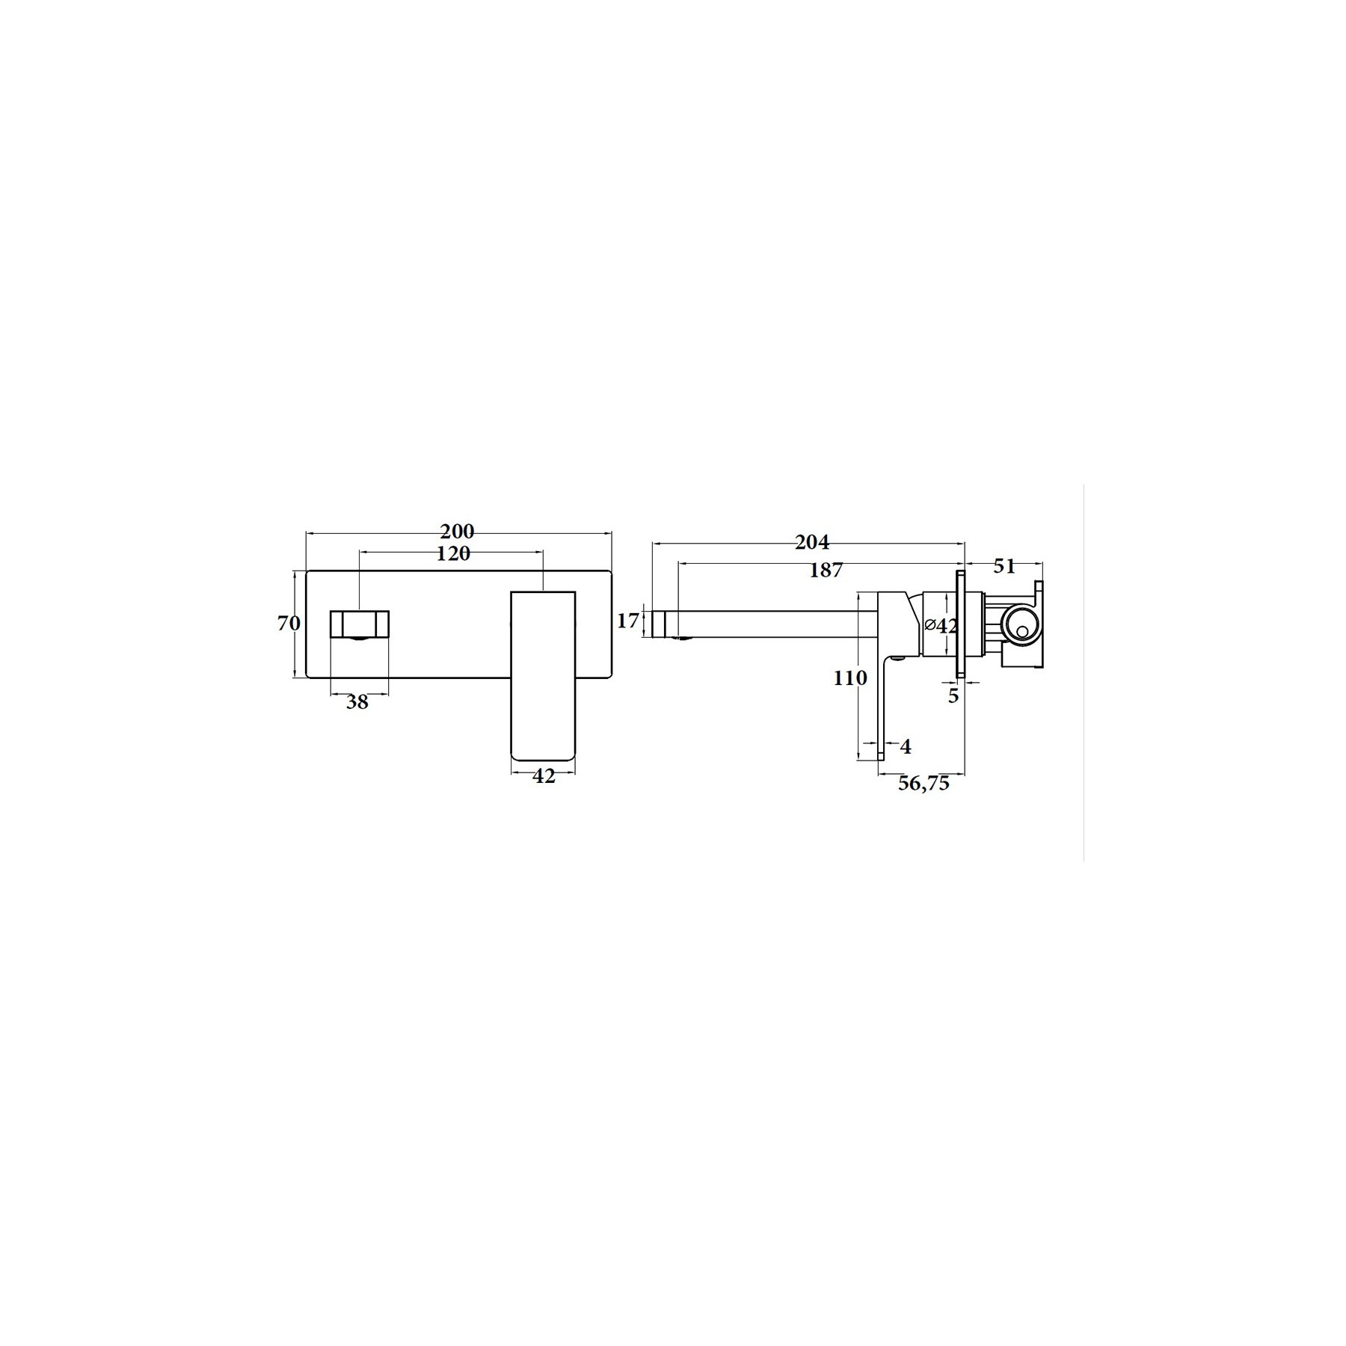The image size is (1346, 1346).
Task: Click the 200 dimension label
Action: pos(457,531)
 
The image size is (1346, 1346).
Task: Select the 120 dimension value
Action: pos(453,553)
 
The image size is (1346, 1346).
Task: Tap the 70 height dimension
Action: pos(289,623)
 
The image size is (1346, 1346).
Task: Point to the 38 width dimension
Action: pos(357,702)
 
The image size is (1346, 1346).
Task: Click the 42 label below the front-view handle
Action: pos(544,776)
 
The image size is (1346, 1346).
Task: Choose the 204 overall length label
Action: pos(812,541)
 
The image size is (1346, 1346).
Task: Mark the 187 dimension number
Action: pos(826,570)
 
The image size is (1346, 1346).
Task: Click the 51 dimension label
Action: pos(1004,567)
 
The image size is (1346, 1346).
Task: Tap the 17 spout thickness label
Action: pos(629,620)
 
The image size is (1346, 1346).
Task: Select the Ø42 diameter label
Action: pos(941,625)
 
